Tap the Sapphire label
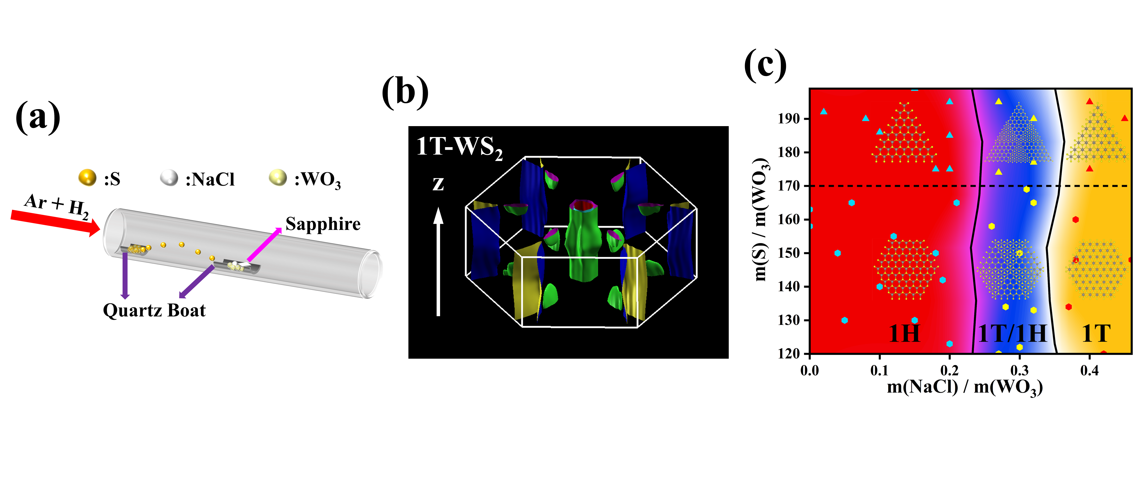coord(323,224)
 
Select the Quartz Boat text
coord(154,310)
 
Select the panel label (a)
coord(38,117)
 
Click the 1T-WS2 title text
coord(459,147)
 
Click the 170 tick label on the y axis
coord(789,186)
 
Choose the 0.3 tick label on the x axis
coord(1019,370)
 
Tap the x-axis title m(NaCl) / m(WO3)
coord(964,387)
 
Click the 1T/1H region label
coord(1012,333)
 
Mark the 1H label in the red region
coord(904,333)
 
